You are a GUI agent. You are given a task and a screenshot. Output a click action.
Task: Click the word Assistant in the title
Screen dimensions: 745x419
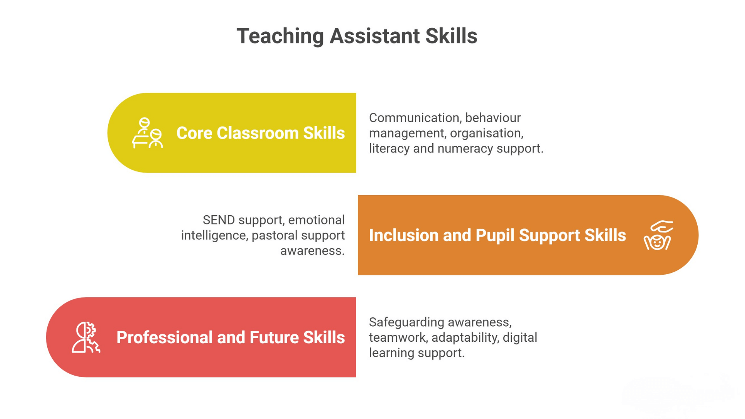point(375,36)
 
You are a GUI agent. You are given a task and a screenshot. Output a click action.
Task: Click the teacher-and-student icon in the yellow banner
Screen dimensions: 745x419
point(147,133)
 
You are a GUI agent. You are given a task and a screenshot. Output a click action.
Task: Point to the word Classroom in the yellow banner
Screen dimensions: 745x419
point(258,133)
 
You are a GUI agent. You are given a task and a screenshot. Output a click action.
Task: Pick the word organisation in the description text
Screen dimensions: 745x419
point(487,133)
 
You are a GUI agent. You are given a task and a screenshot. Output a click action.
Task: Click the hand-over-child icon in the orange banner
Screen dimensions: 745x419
point(658,235)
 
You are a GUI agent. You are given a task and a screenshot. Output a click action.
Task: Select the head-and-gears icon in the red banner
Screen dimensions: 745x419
point(86,337)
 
